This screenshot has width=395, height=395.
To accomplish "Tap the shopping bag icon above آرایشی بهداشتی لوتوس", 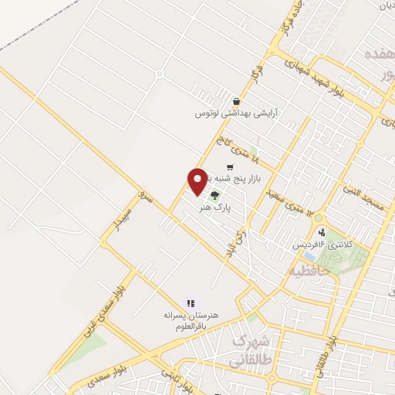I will pos(235,101).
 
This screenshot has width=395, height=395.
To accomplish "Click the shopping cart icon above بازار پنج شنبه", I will pos(230,167).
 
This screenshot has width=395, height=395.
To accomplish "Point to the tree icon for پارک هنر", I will pos(214,194).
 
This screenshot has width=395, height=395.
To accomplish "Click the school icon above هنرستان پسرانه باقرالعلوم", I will pos(191,303).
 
